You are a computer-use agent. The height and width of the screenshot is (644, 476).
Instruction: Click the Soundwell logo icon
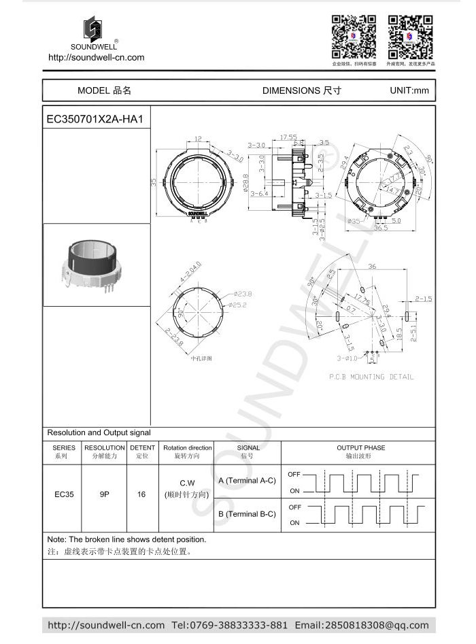(92, 30)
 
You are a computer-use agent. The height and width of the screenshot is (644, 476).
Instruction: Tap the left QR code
(354, 37)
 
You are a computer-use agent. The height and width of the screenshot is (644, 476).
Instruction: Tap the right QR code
(410, 37)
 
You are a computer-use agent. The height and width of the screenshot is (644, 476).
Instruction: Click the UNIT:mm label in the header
(409, 90)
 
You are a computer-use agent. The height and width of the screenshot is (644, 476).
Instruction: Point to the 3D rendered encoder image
(97, 265)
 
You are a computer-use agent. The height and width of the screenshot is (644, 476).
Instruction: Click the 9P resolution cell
(104, 494)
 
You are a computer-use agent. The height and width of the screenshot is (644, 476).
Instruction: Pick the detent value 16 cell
(141, 494)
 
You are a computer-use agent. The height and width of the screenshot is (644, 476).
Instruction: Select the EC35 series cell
(64, 494)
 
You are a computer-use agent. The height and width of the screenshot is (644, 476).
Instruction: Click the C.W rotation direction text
(187, 483)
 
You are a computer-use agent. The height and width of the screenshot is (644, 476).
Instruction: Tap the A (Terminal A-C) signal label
(247, 481)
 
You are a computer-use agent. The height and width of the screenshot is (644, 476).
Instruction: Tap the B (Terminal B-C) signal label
(247, 514)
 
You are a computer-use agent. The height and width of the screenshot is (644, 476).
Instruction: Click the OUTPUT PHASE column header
(360, 447)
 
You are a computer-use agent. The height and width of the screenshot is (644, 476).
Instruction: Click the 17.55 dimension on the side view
(288, 137)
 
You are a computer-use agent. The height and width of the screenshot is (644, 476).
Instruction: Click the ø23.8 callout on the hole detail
(242, 294)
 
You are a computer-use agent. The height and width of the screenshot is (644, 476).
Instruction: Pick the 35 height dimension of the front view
(154, 182)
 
